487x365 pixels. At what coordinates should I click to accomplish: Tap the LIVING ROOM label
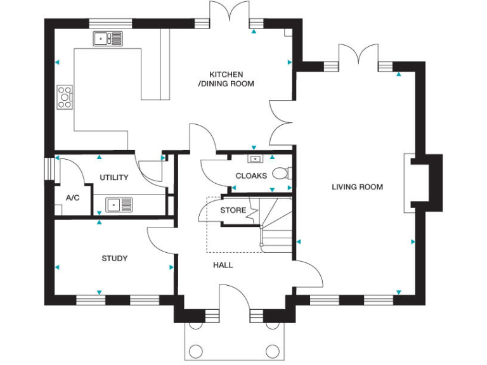pyautogui.click(x=357, y=187)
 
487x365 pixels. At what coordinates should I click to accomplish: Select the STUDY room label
pyautogui.click(x=115, y=259)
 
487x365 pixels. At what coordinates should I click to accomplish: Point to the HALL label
pyautogui.click(x=223, y=265)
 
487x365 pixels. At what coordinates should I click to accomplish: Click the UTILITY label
pyautogui.click(x=114, y=177)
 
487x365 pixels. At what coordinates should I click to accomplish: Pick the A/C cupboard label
pyautogui.click(x=72, y=198)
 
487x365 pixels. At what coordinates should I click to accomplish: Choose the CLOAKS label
pyautogui.click(x=251, y=176)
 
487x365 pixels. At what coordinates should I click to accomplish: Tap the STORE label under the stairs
pyautogui.click(x=233, y=210)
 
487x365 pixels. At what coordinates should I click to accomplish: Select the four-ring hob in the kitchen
pyautogui.click(x=65, y=97)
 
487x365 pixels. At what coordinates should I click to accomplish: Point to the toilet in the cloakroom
pyautogui.click(x=282, y=173)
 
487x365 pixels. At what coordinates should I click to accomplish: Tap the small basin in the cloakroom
pyautogui.click(x=255, y=159)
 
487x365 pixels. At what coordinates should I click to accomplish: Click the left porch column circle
pyautogui.click(x=197, y=350)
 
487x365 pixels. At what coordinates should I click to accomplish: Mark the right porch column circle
pyautogui.click(x=273, y=350)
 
